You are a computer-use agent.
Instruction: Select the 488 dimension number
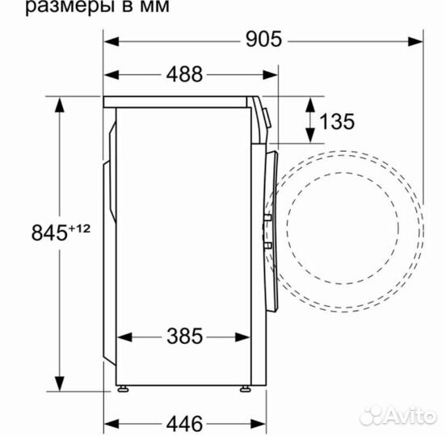185,74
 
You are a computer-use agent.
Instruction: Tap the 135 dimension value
337,121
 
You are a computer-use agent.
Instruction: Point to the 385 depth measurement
185,335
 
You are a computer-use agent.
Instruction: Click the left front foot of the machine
122,388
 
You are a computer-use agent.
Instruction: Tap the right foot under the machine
244,388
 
